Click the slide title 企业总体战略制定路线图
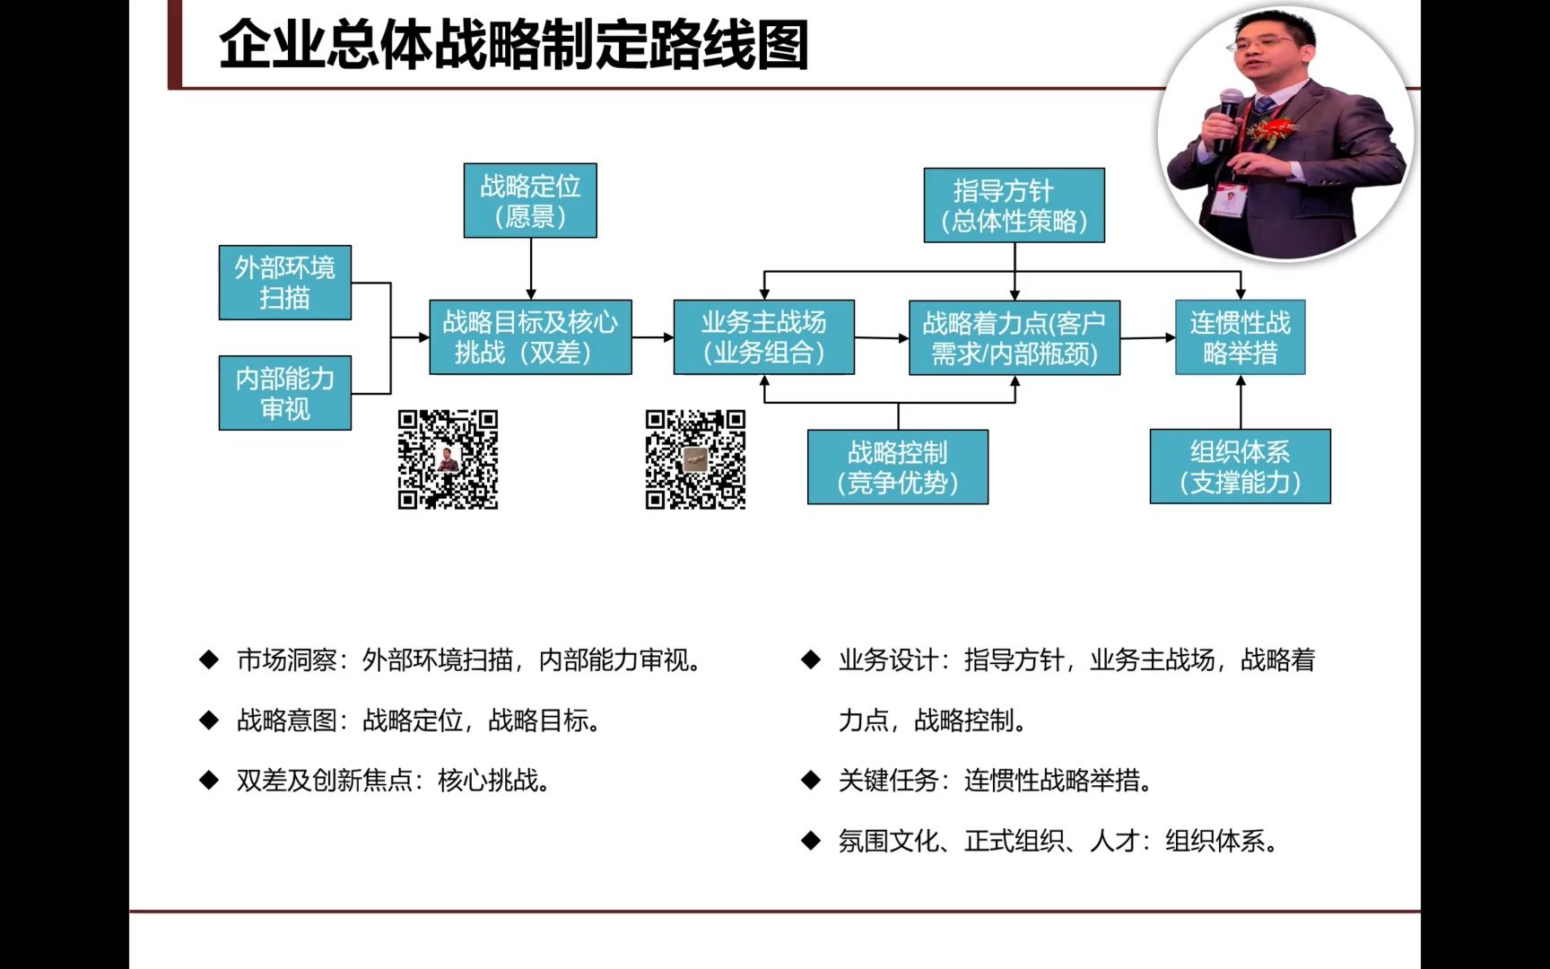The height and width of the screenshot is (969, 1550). click(513, 45)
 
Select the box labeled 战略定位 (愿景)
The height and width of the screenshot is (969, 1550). click(530, 200)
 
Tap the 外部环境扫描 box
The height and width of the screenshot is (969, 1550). click(285, 283)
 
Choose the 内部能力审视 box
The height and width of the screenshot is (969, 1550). click(285, 393)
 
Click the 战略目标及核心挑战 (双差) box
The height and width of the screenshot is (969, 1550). click(530, 337)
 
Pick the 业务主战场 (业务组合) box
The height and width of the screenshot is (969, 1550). click(763, 337)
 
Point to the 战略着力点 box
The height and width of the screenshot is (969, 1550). click(1014, 337)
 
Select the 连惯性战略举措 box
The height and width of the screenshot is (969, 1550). click(1240, 337)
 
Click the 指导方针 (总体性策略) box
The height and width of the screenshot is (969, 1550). click(1014, 205)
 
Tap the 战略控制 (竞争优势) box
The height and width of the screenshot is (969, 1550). click(897, 467)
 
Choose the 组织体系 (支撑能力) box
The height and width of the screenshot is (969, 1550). click(1240, 467)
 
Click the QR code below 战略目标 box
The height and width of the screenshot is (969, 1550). click(448, 459)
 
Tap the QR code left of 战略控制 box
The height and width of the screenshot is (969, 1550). click(695, 459)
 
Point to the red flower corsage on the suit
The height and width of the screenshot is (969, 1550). click(1273, 133)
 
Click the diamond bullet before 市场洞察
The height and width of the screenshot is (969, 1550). click(209, 660)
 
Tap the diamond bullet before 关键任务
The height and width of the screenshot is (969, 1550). click(811, 781)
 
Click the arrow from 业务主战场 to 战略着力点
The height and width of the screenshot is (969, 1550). click(881, 338)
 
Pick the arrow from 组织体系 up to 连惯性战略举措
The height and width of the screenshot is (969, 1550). click(1241, 401)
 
